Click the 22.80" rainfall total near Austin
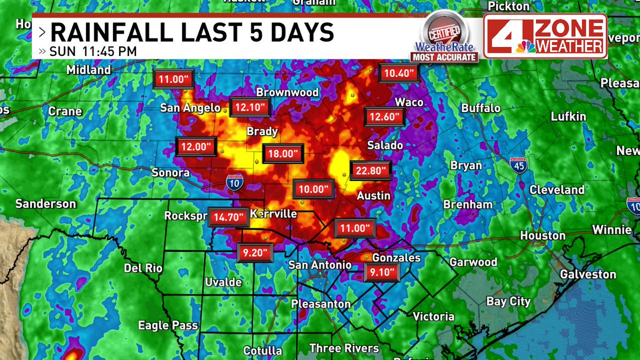point(371,171)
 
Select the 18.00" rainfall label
point(282,154)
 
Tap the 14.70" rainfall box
point(228,217)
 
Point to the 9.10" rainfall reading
point(382,274)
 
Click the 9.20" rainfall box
point(255,253)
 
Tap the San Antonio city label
point(320,265)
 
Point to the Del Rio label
point(143,268)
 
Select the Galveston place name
point(588,274)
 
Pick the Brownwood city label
point(287,92)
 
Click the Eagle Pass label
point(168,325)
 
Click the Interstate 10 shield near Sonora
point(234,182)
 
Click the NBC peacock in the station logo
point(525,46)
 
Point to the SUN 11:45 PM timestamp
point(93,52)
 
